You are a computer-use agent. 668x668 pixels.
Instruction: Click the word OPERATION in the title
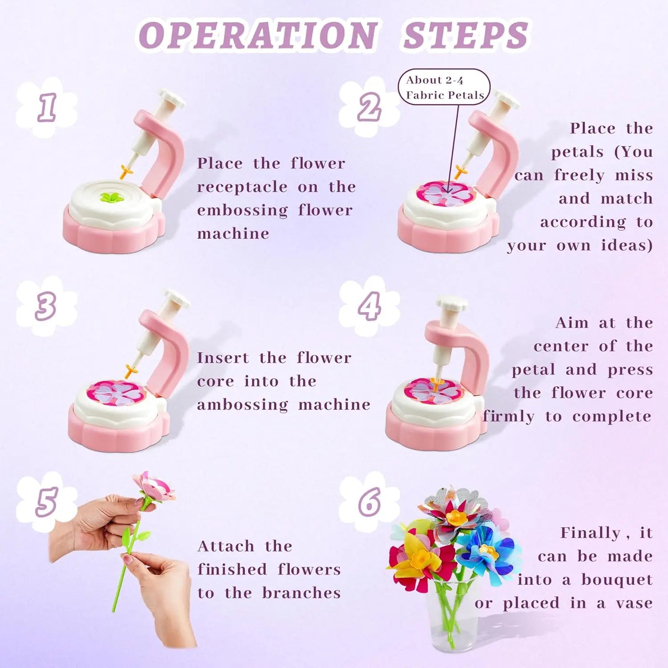click(258, 35)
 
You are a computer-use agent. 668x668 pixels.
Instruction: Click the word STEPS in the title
click(466, 35)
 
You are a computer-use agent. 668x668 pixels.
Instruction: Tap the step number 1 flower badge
click(46, 107)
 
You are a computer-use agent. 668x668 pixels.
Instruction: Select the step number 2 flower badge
click(369, 107)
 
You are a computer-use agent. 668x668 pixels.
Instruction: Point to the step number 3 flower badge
click(46, 306)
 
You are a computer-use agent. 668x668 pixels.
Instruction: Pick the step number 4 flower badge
click(369, 306)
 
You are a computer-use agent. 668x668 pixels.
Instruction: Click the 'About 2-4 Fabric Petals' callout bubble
click(444, 87)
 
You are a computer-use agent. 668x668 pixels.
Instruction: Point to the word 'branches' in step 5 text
click(301, 593)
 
